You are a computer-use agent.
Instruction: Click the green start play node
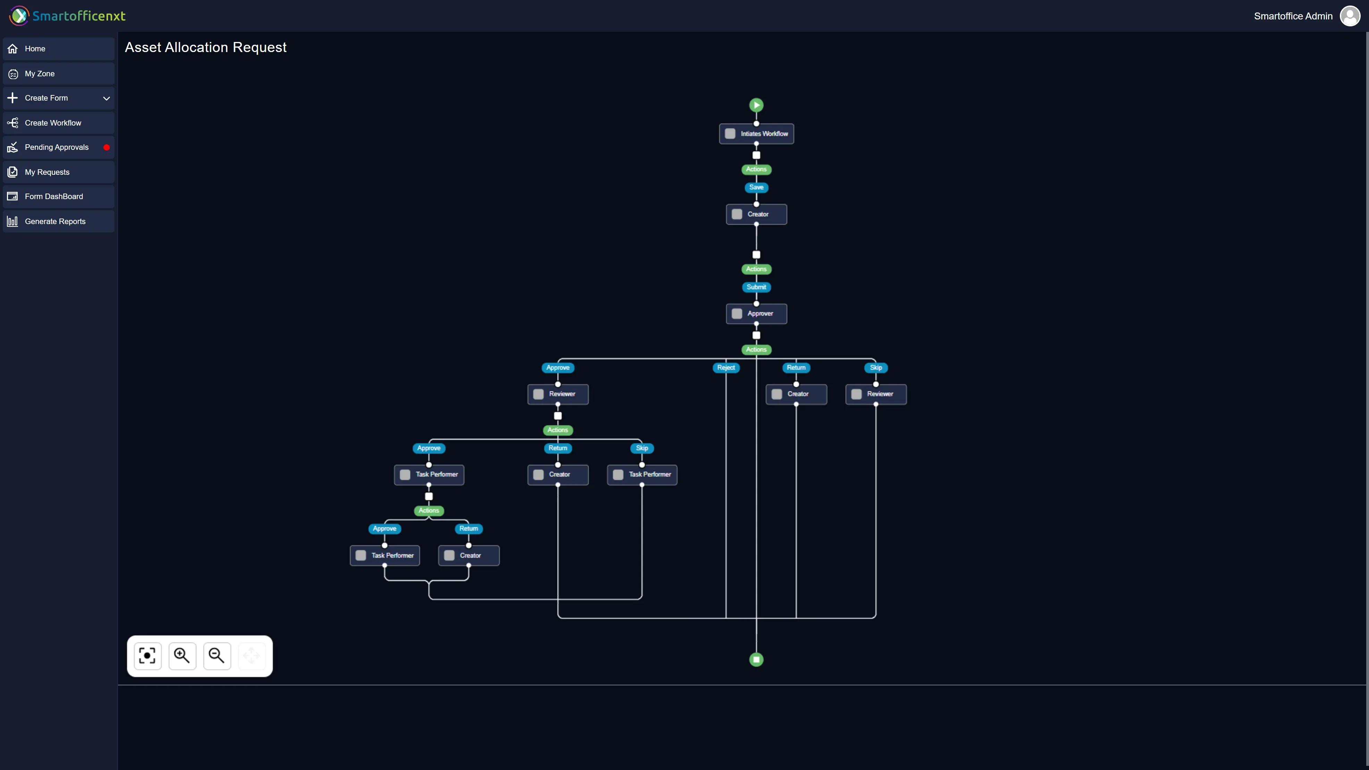pyautogui.click(x=756, y=105)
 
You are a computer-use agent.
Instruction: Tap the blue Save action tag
pyautogui.click(x=756, y=187)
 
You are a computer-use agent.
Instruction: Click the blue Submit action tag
pyautogui.click(x=756, y=287)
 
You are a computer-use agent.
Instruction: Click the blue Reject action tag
pyautogui.click(x=726, y=367)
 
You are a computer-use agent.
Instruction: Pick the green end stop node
pyautogui.click(x=756, y=660)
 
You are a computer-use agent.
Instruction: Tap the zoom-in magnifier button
pyautogui.click(x=182, y=656)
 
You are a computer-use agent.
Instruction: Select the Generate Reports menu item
pyautogui.click(x=55, y=221)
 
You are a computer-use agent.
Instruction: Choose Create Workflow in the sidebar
pyautogui.click(x=53, y=123)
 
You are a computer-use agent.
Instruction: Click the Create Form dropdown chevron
pyautogui.click(x=106, y=98)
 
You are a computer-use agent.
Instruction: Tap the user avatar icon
pyautogui.click(x=1350, y=16)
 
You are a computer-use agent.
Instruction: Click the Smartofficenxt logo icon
pyautogui.click(x=19, y=16)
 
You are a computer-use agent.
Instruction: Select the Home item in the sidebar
pyautogui.click(x=35, y=49)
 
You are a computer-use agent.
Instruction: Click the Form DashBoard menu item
pyautogui.click(x=54, y=196)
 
